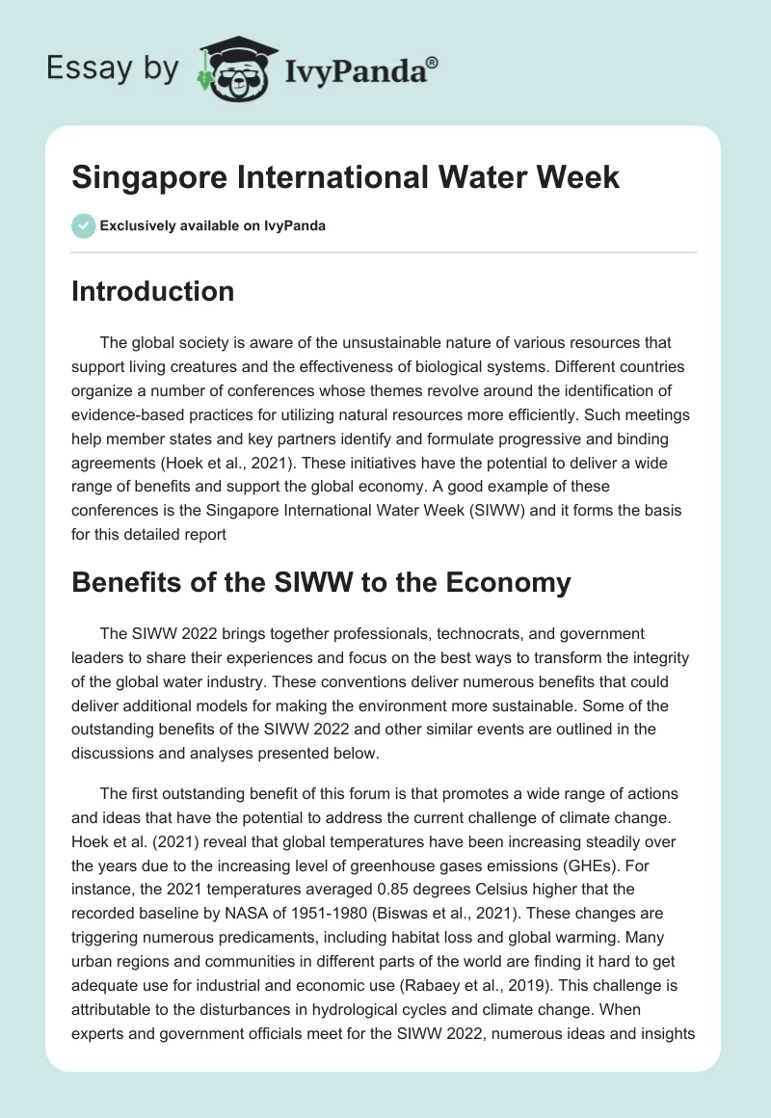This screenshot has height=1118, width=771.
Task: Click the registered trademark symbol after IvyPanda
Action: pyautogui.click(x=433, y=63)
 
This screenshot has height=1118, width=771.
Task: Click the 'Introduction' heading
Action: pyautogui.click(x=152, y=291)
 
